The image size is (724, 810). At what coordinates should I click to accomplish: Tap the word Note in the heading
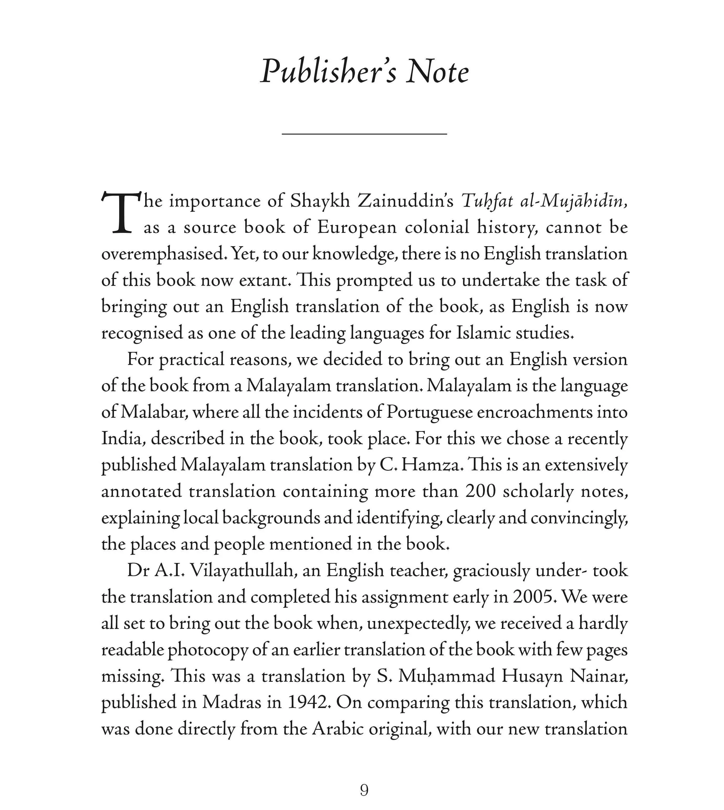click(438, 72)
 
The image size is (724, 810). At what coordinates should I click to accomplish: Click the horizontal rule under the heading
click(364, 134)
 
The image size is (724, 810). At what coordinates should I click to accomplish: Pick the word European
click(357, 228)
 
